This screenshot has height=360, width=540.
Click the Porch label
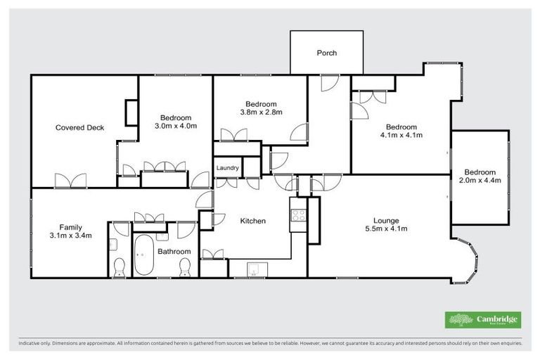tap(326, 53)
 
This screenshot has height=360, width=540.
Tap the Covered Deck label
tap(80, 128)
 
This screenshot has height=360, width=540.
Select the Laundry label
tap(227, 168)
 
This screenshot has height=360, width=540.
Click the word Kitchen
tap(253, 221)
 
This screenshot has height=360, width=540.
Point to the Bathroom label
tap(174, 251)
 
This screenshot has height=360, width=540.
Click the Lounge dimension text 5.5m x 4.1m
tap(386, 229)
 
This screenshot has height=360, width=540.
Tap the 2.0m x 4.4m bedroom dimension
tap(479, 181)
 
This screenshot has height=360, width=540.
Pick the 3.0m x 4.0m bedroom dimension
tap(175, 127)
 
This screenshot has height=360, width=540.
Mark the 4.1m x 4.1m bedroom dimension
tap(401, 135)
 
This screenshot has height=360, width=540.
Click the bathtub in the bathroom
tap(143, 255)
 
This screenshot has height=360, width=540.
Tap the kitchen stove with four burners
tap(297, 212)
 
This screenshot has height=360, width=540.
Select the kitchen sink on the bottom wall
tap(253, 267)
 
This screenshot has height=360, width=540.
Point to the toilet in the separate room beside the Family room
tap(120, 266)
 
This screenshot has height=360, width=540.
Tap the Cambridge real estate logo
tap(483, 320)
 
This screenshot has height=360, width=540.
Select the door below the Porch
tap(326, 82)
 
